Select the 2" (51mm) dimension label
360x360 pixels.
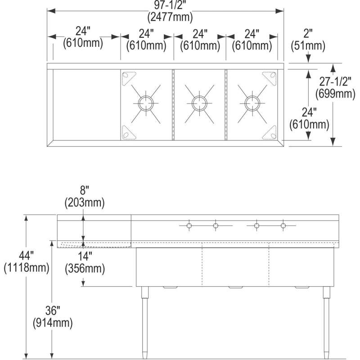click(308, 40)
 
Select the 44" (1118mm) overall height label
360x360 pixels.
click(26, 263)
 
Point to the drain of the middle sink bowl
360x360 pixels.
click(198, 103)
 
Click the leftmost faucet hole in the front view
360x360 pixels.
click(189, 225)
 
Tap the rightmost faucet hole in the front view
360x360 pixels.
click(283, 225)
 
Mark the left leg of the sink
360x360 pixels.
click(145, 322)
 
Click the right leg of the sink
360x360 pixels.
click(325, 322)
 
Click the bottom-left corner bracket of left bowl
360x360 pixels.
click(128, 132)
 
